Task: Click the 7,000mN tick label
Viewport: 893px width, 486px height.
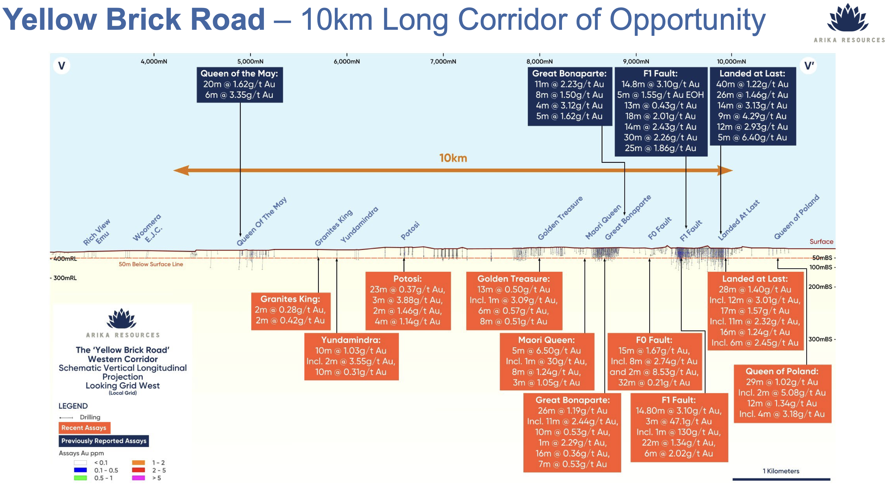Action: (x=443, y=61)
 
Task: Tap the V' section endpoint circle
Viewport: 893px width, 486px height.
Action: (x=809, y=66)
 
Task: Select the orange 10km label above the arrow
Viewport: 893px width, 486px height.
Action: (x=453, y=158)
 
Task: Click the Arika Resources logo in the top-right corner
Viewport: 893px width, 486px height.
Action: (x=849, y=23)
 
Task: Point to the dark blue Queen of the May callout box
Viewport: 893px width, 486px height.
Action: (x=240, y=85)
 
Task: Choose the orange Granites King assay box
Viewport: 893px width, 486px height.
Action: (x=290, y=311)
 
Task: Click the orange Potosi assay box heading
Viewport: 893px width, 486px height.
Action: (x=407, y=279)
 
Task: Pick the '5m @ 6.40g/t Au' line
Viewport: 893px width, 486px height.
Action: (x=752, y=137)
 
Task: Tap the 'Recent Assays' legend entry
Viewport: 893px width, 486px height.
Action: (x=84, y=428)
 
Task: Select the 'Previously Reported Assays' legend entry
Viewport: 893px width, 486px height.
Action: (x=104, y=441)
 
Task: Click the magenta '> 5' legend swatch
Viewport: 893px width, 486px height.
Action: (x=138, y=478)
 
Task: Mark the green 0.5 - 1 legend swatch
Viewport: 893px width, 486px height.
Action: (x=80, y=478)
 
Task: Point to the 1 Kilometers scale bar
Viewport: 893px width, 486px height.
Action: (x=781, y=479)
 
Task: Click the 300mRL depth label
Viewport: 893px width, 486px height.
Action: (x=65, y=278)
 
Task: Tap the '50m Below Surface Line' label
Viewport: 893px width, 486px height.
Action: (x=151, y=264)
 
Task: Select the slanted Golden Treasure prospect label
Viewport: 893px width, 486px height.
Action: (x=560, y=218)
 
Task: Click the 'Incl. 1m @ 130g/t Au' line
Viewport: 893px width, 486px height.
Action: (x=678, y=432)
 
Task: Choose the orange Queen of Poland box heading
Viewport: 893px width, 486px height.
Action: (x=782, y=371)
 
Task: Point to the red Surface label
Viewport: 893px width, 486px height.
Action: (x=821, y=242)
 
